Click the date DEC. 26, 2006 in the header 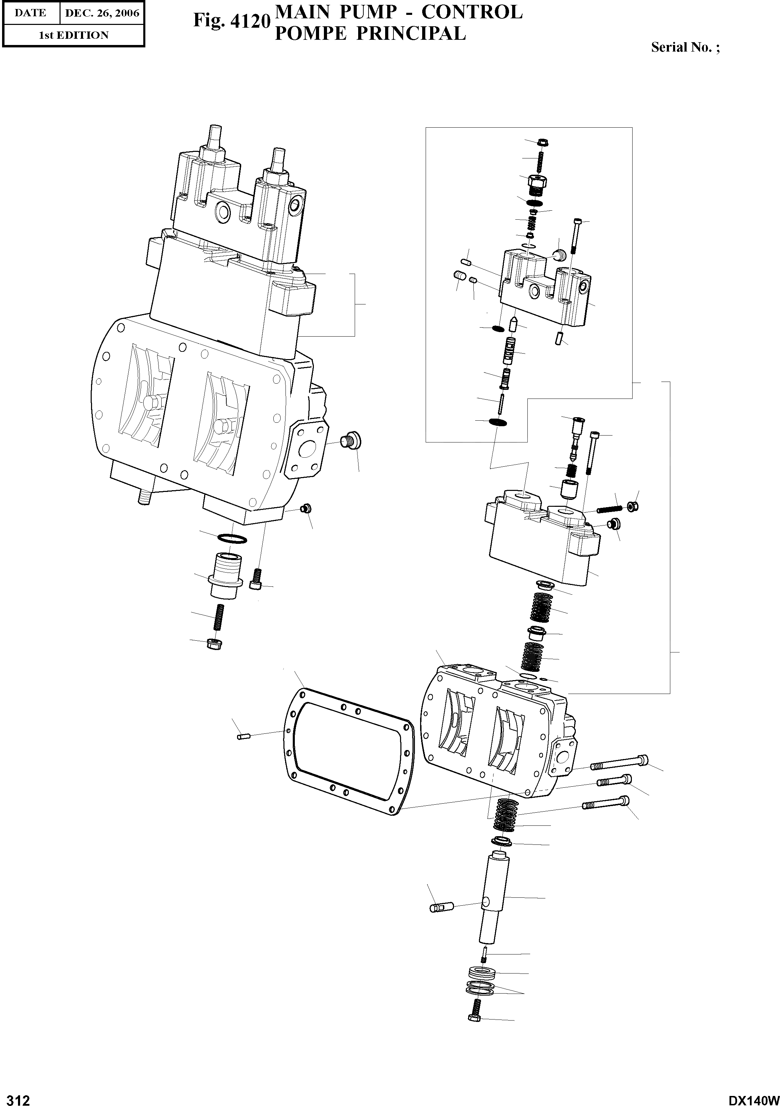(x=102, y=13)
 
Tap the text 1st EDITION (x=73, y=35)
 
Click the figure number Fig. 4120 (x=230, y=21)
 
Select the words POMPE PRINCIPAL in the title (x=370, y=33)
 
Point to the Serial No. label (x=685, y=47)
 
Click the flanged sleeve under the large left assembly (x=225, y=575)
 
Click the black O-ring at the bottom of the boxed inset (x=497, y=422)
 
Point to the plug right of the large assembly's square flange (x=351, y=440)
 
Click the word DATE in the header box (x=30, y=13)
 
